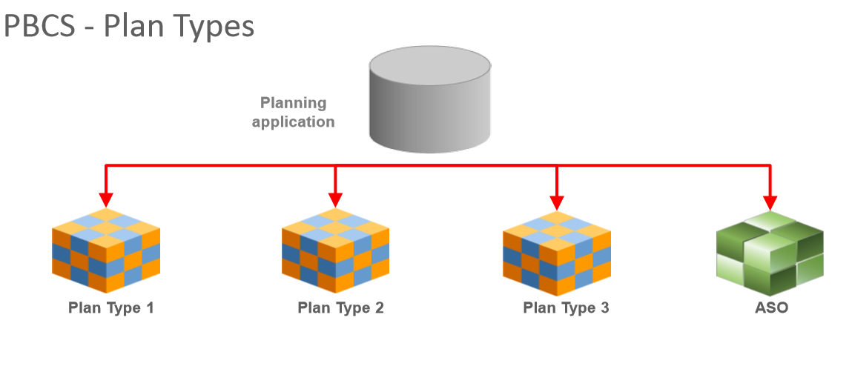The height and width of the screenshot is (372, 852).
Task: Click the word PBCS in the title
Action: coord(41,27)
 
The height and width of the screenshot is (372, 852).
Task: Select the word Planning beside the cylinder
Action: coord(293,103)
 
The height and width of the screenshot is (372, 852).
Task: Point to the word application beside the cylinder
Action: coord(293,122)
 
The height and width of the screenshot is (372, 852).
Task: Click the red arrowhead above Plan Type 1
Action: coord(106,199)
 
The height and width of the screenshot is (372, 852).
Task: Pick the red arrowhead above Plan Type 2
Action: coord(335,199)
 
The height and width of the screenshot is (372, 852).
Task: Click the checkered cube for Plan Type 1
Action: coord(106,251)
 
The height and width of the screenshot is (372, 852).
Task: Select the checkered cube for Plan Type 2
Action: coord(335,251)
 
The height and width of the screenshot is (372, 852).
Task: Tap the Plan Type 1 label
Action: coord(111,308)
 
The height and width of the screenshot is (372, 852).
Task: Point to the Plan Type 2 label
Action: coord(340,308)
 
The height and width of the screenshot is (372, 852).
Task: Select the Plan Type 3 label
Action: coord(566,308)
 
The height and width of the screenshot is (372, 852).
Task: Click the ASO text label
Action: coord(770,308)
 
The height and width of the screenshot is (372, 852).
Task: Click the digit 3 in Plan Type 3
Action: coord(604,308)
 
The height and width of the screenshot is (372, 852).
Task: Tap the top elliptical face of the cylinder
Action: coord(429,64)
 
